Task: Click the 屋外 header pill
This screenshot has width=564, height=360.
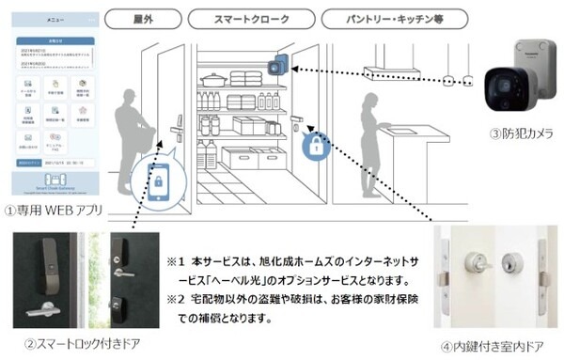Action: [143, 19]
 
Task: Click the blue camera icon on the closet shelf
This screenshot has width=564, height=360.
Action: [275, 67]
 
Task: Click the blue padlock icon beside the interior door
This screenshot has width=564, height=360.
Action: [316, 147]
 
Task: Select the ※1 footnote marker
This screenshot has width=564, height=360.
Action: [176, 260]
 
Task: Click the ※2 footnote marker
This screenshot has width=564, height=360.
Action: [176, 300]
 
